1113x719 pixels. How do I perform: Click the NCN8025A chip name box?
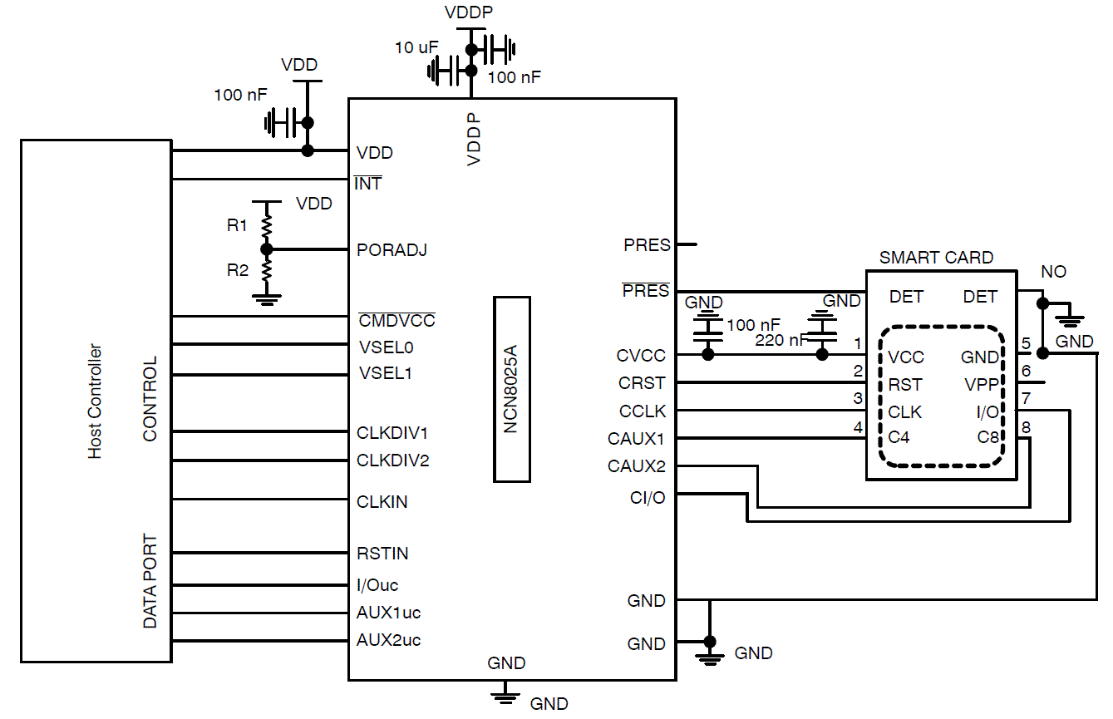pyautogui.click(x=511, y=388)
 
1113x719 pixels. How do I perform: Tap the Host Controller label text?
pyautogui.click(x=96, y=401)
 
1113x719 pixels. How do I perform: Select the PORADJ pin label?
pyautogui.click(x=392, y=249)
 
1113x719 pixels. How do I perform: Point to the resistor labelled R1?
pyautogui.click(x=267, y=224)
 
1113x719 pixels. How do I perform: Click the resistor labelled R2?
pyautogui.click(x=267, y=269)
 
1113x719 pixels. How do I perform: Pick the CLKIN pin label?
pyautogui.click(x=382, y=502)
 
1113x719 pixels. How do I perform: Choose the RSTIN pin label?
pyautogui.click(x=382, y=554)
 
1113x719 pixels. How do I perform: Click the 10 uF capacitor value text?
pyautogui.click(x=416, y=47)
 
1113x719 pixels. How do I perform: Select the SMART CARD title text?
pyautogui.click(x=936, y=258)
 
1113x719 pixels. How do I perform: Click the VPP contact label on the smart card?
pyautogui.click(x=982, y=385)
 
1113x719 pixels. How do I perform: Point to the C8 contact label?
pyautogui.click(x=987, y=437)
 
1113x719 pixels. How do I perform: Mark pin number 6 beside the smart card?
pyautogui.click(x=1026, y=372)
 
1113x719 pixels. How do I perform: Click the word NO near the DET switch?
pyautogui.click(x=1053, y=272)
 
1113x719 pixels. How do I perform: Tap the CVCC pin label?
pyautogui.click(x=641, y=356)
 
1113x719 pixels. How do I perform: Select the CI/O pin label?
pyautogui.click(x=648, y=498)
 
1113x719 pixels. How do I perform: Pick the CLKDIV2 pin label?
pyautogui.click(x=392, y=460)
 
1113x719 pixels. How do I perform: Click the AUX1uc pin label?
pyautogui.click(x=388, y=613)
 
